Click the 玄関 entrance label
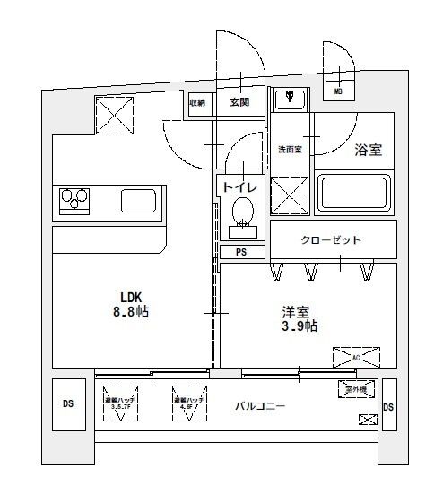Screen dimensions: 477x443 tap(239, 102)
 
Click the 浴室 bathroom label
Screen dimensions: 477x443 tap(368, 150)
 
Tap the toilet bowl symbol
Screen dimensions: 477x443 tap(242, 214)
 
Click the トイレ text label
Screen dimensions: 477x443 tap(239, 186)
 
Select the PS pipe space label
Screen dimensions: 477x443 tap(240, 252)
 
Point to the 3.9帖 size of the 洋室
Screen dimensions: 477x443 tap(297, 326)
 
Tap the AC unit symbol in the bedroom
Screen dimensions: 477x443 tap(355, 357)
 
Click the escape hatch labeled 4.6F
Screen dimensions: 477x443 tap(188, 401)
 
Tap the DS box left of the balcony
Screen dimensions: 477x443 tap(68, 403)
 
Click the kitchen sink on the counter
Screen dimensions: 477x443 tap(139, 199)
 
